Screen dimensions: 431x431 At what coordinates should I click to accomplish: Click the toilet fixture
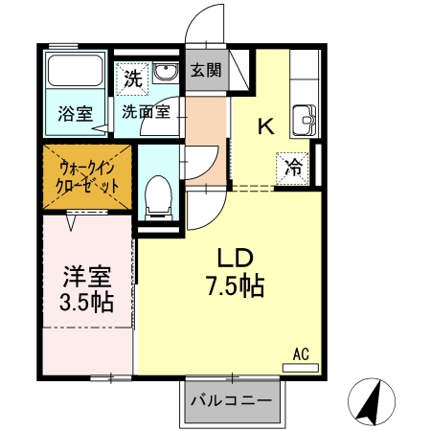tap(156, 196)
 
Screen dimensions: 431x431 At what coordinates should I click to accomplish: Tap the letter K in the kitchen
tap(266, 125)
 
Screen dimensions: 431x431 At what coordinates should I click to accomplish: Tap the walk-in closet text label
tap(86, 174)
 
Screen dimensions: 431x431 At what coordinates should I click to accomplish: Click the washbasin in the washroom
tap(165, 74)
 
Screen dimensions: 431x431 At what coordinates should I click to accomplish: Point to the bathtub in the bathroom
tap(75, 73)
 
